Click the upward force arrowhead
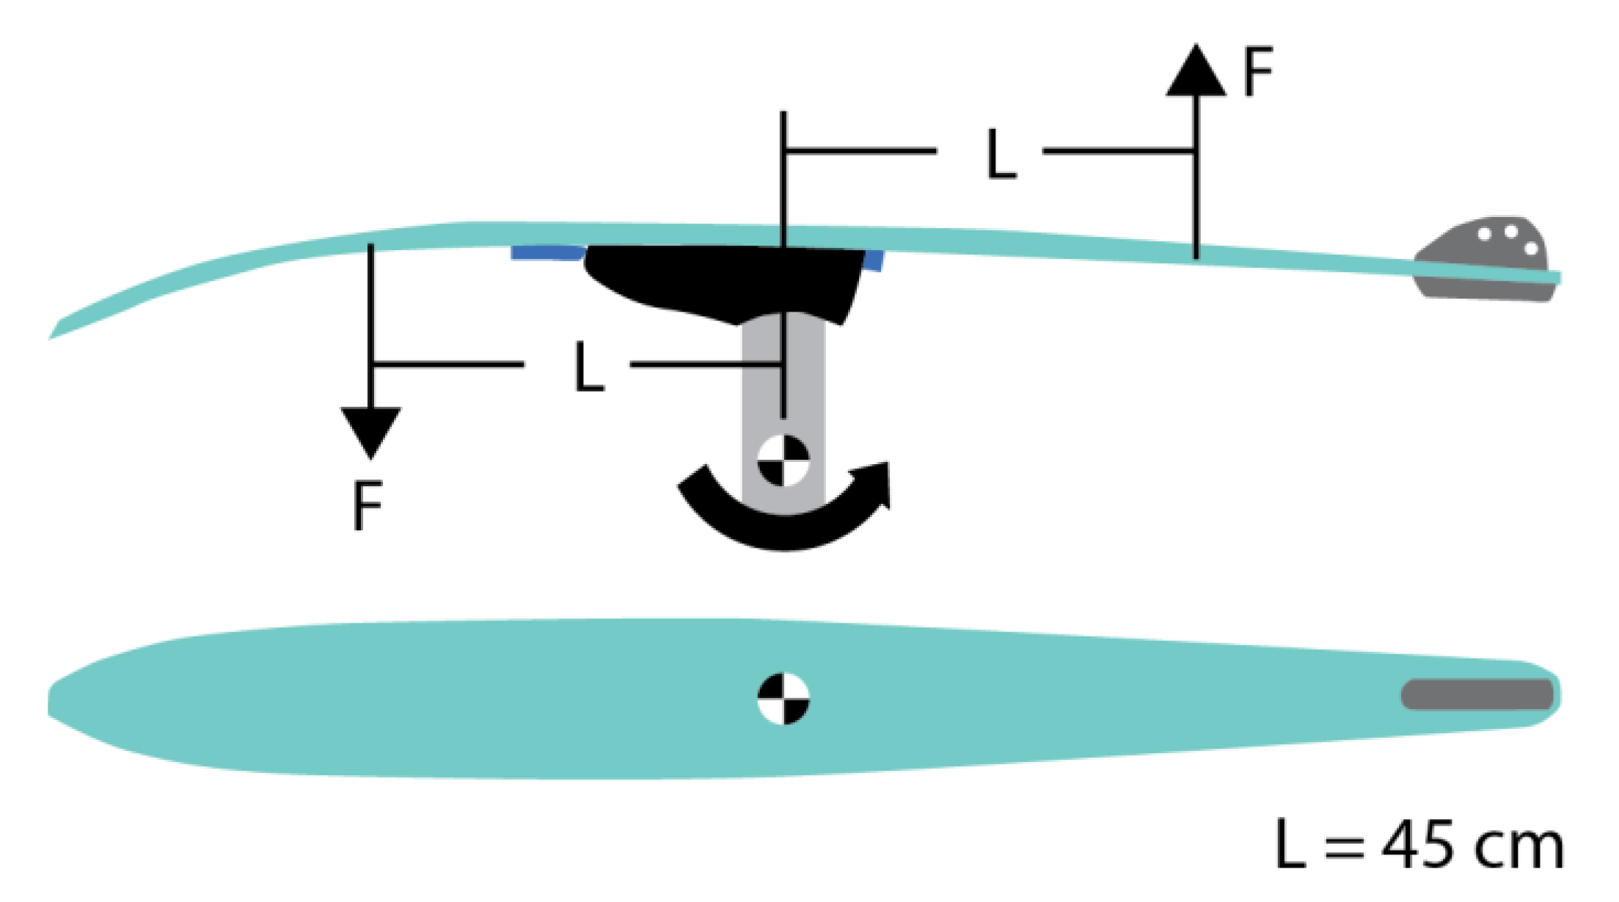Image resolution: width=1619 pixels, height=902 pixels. pyautogui.click(x=1196, y=73)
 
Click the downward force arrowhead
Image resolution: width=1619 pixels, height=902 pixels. pyautogui.click(x=370, y=429)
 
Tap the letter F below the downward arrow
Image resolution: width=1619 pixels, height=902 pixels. pyautogui.click(x=368, y=505)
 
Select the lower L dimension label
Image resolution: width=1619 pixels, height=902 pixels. pyautogui.click(x=589, y=367)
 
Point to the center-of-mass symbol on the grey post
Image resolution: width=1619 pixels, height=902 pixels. pyautogui.click(x=783, y=461)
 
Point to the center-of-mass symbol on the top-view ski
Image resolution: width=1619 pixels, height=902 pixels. pyautogui.click(x=783, y=698)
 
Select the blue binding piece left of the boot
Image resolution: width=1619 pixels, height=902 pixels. pyautogui.click(x=547, y=253)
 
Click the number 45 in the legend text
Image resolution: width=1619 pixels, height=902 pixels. pyautogui.click(x=1419, y=846)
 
